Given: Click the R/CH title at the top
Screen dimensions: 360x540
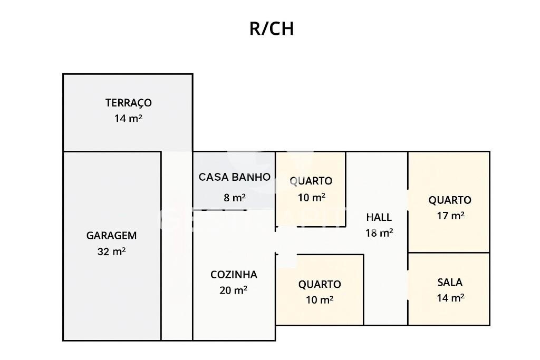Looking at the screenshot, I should (271, 28).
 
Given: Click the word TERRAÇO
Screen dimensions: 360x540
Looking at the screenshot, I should (128, 103).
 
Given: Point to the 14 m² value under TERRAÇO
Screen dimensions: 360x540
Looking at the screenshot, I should (128, 118).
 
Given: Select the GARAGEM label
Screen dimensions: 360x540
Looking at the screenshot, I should (111, 236).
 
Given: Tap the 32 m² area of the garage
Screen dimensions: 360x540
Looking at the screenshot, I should (111, 251).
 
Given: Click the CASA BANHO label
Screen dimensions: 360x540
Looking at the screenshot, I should (234, 177).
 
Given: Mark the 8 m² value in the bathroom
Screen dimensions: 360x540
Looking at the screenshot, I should (235, 198).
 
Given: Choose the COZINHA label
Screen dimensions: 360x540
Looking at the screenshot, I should (234, 275).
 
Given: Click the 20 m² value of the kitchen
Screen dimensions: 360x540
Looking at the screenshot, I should (234, 290).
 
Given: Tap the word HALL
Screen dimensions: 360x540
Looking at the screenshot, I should (379, 217).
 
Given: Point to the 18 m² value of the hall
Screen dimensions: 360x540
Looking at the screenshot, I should (379, 232).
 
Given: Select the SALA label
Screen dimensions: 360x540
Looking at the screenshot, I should (450, 283).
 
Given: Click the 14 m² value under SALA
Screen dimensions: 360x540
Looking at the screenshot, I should (450, 298).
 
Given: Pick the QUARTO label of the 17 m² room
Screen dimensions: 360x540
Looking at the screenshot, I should (449, 200).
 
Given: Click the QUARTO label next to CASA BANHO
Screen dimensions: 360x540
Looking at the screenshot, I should (311, 181).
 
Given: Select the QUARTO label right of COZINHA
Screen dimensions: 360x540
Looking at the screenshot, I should (320, 285).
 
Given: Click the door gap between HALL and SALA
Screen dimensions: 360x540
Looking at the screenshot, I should (408, 285).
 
